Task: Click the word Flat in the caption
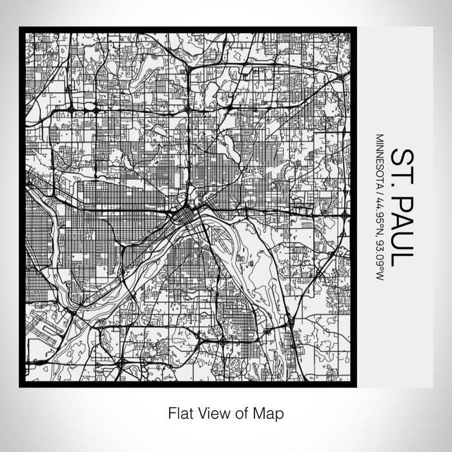point(180,411)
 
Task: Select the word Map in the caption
point(271,411)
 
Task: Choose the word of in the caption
point(245,411)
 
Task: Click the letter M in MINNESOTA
point(380,138)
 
